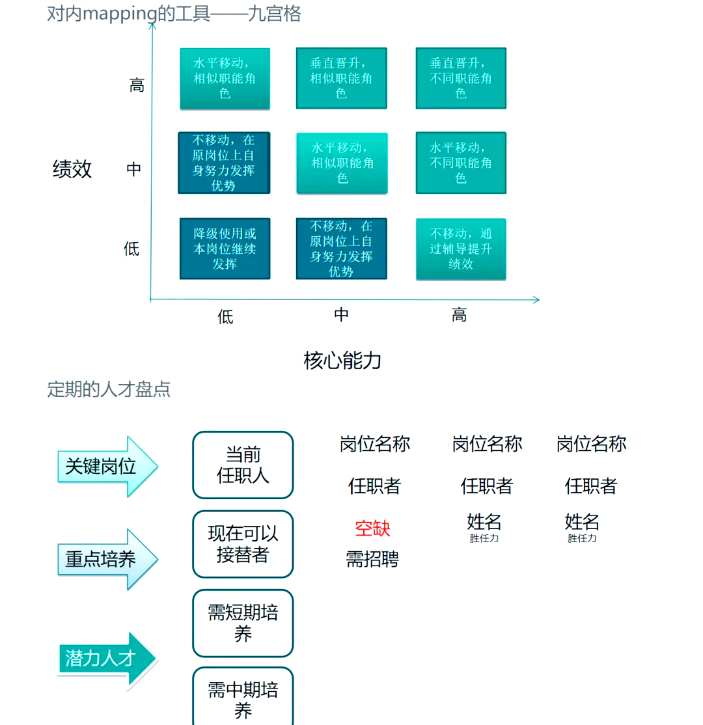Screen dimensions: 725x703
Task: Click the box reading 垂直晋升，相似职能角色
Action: point(341,78)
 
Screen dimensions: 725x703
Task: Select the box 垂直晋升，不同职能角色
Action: point(461,78)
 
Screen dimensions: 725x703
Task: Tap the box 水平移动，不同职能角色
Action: point(461,163)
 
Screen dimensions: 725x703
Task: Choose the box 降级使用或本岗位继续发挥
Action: point(225,249)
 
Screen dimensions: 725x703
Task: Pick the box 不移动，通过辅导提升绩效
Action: point(461,249)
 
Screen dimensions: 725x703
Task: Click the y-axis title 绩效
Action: point(72,169)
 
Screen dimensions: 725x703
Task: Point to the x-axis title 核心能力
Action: point(342,360)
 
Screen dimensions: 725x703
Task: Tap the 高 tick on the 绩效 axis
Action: point(137,85)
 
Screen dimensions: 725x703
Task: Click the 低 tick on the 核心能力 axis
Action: point(225,317)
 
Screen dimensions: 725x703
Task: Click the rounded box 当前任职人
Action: point(243,465)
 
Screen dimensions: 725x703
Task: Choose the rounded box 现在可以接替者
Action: point(243,544)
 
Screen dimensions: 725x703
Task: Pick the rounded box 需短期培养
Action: point(243,623)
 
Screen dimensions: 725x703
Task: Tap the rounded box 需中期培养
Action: point(243,698)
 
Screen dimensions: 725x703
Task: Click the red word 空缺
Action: point(372,528)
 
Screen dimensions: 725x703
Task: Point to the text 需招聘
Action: point(372,559)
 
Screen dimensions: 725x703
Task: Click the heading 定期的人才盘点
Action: point(109,390)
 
